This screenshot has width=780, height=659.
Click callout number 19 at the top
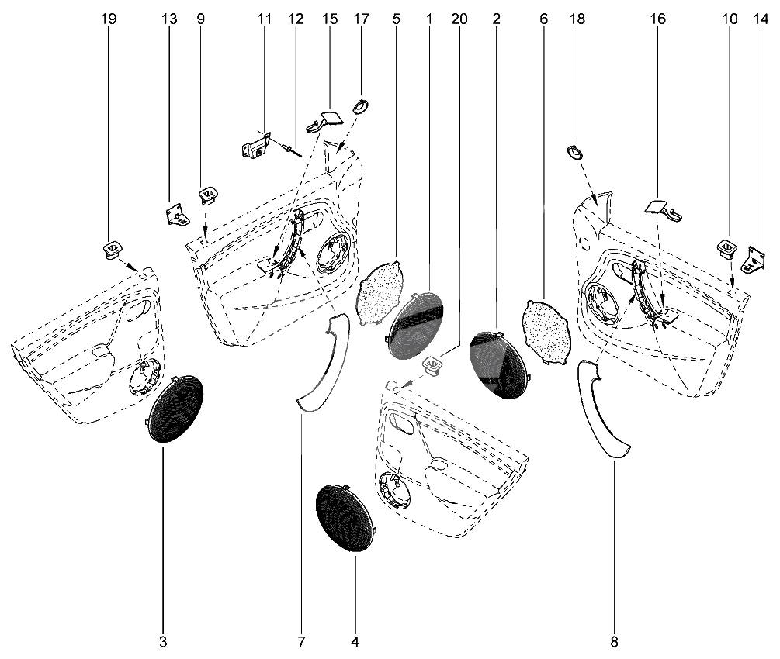coord(109,19)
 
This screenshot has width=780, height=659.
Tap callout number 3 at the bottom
coord(163,641)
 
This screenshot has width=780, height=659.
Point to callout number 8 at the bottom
coord(615,641)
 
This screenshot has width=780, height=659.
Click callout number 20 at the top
coord(459,19)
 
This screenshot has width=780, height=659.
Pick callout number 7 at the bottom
coord(301,641)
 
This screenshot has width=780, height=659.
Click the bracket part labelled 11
coord(255,146)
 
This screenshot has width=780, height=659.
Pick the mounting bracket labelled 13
coord(177,213)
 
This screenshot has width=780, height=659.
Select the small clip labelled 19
coord(111,250)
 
